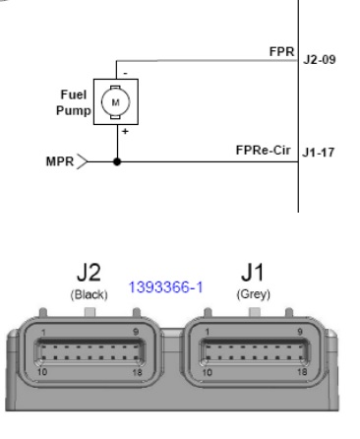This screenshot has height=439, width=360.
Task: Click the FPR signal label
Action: (281, 51)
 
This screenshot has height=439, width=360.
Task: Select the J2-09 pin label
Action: (320, 60)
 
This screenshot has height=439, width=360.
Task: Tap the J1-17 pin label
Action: (318, 153)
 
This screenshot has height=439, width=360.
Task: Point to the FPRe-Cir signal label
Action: (263, 151)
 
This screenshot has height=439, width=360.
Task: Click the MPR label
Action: (60, 161)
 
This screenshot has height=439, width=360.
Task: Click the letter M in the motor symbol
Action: (115, 102)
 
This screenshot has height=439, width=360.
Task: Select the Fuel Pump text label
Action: (74, 102)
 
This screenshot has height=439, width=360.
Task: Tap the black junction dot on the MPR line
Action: (117, 161)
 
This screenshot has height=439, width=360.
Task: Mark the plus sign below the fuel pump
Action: (125, 132)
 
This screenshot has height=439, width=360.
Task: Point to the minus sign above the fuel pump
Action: (125, 74)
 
